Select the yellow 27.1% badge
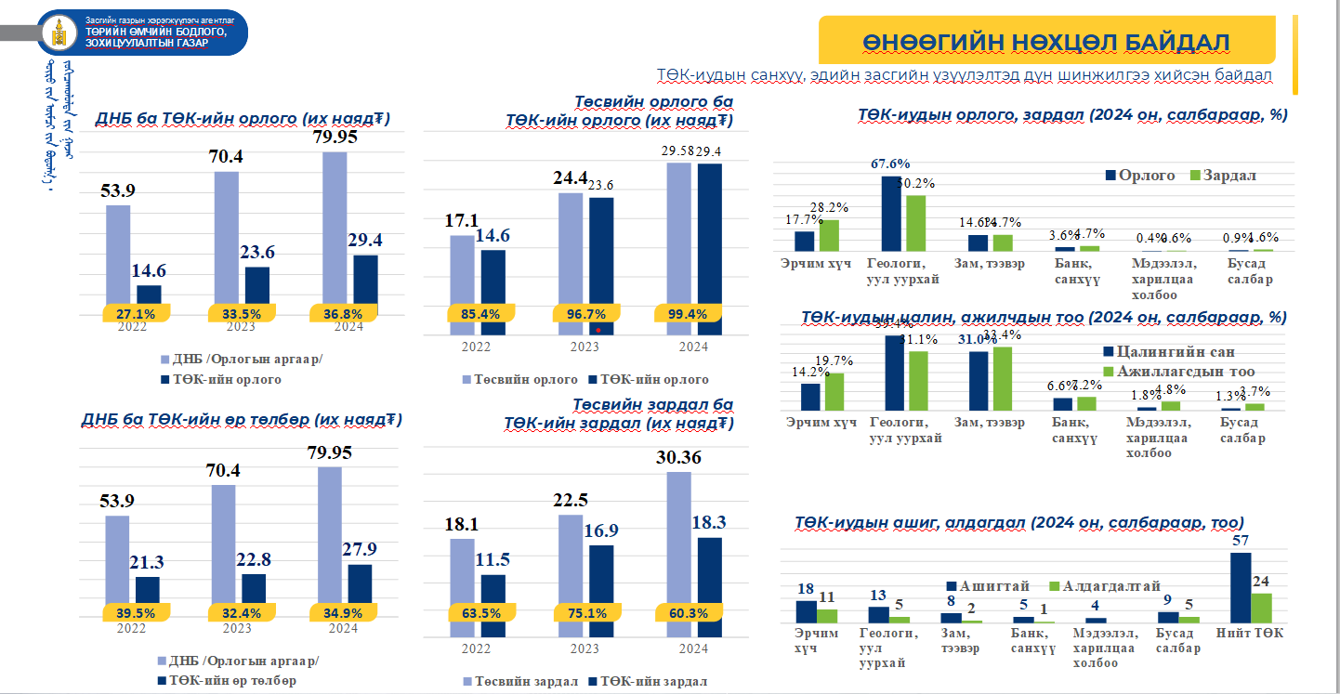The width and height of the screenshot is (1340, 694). pyautogui.click(x=136, y=314)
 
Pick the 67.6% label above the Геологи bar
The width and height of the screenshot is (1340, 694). pyautogui.click(x=890, y=164)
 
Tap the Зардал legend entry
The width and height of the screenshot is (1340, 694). pyautogui.click(x=1224, y=176)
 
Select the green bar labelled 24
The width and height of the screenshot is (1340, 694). pyautogui.click(x=1261, y=608)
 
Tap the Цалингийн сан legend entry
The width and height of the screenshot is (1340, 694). pyautogui.click(x=1169, y=352)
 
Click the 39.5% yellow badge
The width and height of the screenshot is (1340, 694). pyautogui.click(x=136, y=613)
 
